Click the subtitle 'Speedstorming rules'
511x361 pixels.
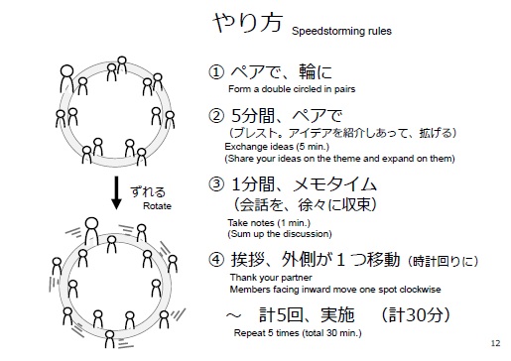[x=341, y=32]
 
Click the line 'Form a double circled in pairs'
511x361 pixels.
[x=279, y=89]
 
